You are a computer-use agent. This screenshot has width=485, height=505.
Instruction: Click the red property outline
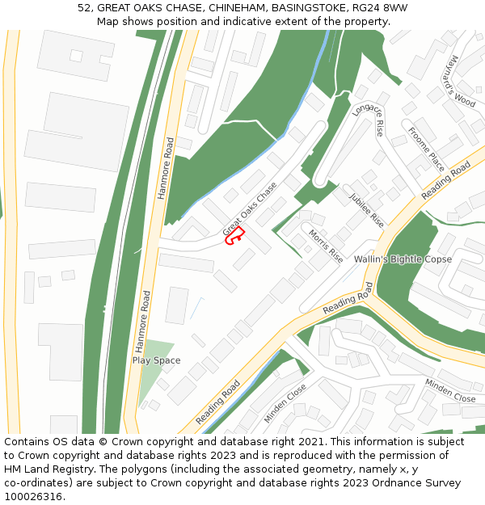point(234,236)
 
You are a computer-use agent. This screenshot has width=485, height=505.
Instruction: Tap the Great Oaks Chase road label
point(250,209)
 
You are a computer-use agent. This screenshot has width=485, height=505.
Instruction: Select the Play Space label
point(156,360)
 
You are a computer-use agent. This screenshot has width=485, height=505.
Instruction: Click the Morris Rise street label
point(325,245)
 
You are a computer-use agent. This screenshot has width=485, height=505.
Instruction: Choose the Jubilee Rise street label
point(366,208)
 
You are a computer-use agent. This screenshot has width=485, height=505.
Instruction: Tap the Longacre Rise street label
point(369,116)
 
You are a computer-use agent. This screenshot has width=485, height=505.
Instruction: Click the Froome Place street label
point(426,149)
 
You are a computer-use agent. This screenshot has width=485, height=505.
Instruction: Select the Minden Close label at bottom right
point(450,391)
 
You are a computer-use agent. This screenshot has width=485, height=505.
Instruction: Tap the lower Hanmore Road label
point(143,322)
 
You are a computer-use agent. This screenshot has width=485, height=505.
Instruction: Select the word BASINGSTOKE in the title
point(307,8)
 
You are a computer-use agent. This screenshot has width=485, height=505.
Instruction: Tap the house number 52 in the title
point(84,8)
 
